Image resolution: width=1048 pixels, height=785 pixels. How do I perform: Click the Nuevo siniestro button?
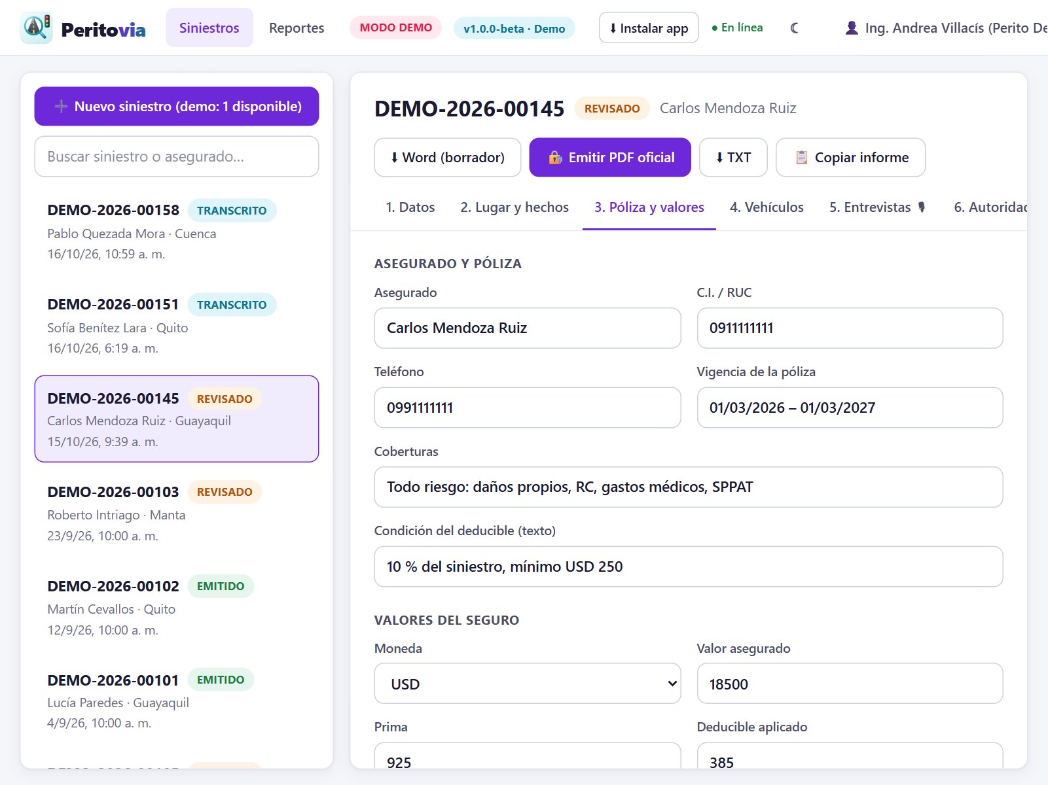177,106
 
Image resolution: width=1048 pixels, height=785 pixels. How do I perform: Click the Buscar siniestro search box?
177,156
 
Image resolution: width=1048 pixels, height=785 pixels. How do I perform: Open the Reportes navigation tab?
297,27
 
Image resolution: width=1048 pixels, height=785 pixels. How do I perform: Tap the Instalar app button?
649,27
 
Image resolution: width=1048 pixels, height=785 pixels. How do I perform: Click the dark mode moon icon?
794,27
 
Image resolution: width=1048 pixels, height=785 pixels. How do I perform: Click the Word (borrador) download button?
447,158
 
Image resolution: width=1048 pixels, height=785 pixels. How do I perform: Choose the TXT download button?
733,158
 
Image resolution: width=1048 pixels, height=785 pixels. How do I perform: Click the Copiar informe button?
850,158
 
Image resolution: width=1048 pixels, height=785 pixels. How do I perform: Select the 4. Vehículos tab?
767,207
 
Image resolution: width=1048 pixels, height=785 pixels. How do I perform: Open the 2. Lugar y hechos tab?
515,207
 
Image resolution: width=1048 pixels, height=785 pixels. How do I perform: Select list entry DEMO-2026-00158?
177,232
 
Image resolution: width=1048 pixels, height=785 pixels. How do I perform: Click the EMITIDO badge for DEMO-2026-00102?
221,586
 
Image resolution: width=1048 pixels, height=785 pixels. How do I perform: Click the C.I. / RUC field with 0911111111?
850,328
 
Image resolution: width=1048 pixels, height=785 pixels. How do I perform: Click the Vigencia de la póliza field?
850,408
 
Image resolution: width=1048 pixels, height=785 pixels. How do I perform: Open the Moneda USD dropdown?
528,684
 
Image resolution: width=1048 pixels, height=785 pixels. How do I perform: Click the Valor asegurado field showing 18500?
850,684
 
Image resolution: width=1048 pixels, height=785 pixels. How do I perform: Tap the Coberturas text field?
689,487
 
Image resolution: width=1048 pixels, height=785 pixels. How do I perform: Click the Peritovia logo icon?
36,27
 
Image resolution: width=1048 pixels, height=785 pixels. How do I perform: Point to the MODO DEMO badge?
396,27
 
